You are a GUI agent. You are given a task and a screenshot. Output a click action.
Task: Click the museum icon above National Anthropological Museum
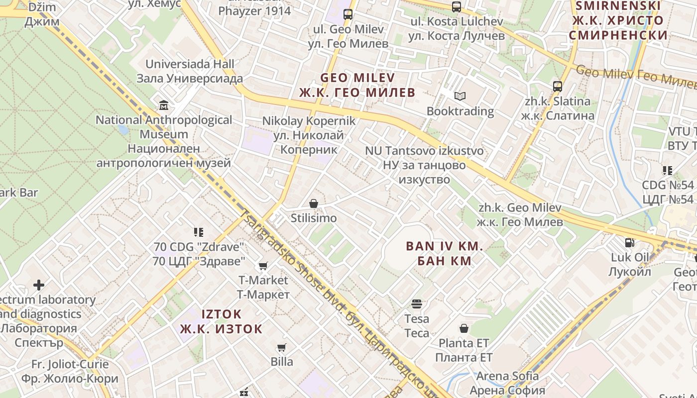[163, 105]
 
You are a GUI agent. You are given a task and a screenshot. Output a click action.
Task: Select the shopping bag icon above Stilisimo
[314, 203]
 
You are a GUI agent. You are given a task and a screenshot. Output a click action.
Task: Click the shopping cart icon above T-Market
[263, 266]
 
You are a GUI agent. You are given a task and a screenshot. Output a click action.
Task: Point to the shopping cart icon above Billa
[282, 347]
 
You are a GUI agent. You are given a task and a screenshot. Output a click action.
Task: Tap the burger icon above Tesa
[417, 304]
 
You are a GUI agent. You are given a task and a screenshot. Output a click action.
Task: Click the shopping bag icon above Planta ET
[464, 328]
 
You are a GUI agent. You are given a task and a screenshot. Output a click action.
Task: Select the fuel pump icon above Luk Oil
[630, 243]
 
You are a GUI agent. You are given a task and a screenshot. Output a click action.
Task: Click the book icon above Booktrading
[460, 96]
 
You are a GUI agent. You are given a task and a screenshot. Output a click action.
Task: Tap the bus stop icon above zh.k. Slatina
[558, 87]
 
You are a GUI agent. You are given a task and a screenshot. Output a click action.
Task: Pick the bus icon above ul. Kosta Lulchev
[457, 7]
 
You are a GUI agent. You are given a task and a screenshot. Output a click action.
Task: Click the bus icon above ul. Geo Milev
[348, 14]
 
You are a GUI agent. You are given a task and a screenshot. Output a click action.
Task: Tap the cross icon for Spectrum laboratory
[39, 285]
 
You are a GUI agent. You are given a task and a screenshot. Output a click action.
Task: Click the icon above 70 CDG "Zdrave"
[199, 232]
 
